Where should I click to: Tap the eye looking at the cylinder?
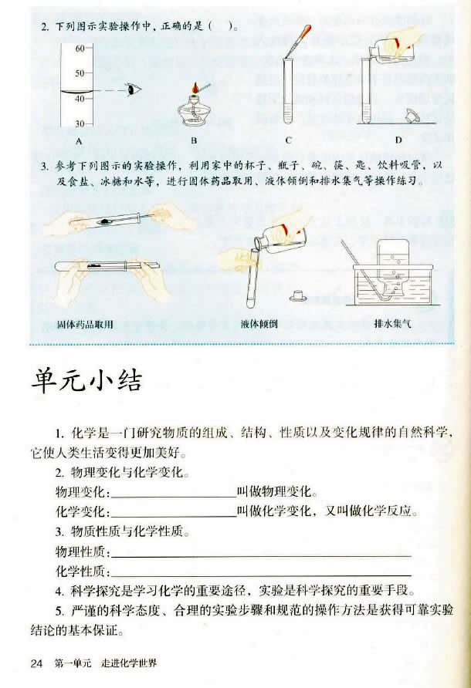(135, 89)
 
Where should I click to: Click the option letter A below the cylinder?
(79, 142)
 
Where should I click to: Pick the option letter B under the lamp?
(195, 141)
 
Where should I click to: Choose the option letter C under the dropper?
(288, 141)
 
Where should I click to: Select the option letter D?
(398, 140)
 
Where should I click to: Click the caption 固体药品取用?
(86, 325)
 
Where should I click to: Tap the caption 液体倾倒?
(257, 325)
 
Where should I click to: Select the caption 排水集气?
(393, 325)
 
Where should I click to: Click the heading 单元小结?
(86, 381)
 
